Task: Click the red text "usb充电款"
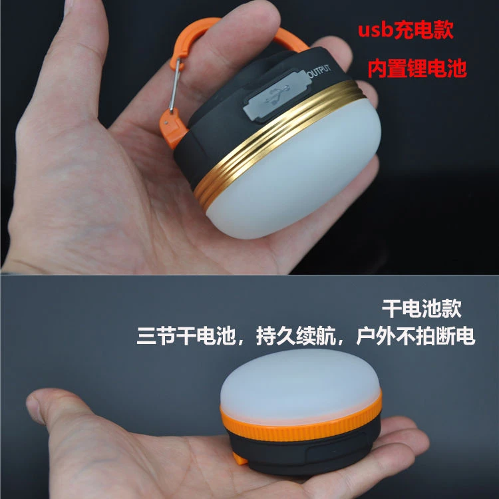(405, 30)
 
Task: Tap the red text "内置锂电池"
(417, 68)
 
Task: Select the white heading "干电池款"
(421, 308)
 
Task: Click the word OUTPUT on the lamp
(319, 71)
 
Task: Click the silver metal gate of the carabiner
(174, 85)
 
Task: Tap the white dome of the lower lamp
(301, 385)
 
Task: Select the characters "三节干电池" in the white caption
(186, 336)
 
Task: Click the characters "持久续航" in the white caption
(296, 336)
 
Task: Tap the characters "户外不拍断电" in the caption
(416, 336)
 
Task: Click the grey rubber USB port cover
(276, 95)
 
